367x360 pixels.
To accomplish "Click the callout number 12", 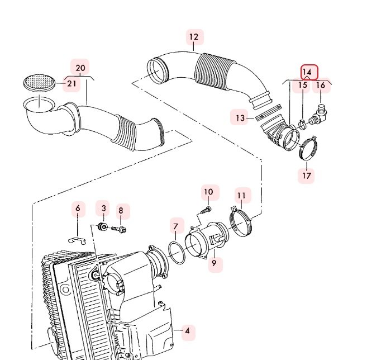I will (x=193, y=37).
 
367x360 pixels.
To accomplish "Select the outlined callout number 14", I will (x=307, y=73).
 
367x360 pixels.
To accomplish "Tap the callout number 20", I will (x=80, y=68).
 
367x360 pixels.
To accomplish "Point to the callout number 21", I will (x=72, y=84).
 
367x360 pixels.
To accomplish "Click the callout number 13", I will (x=240, y=118).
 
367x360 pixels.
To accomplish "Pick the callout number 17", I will (x=307, y=176).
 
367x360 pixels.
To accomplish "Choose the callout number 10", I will (x=208, y=192).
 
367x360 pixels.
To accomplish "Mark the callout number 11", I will (x=241, y=195).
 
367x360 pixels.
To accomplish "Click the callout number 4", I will (x=188, y=331).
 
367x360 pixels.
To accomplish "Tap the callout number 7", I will (x=175, y=226).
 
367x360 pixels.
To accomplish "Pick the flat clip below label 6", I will (x=78, y=240).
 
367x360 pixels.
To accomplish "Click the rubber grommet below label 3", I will (x=102, y=227).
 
